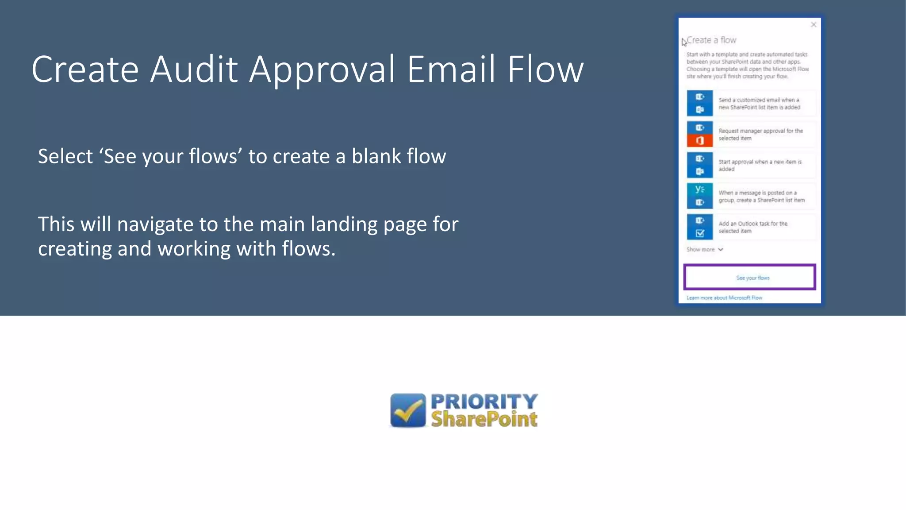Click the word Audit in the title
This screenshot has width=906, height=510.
click(194, 70)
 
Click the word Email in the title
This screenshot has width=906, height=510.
click(451, 70)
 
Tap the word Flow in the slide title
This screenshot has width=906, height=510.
click(545, 70)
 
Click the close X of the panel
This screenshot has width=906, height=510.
click(813, 25)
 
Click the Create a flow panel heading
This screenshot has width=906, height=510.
click(711, 40)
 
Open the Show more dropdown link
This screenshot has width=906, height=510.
click(704, 250)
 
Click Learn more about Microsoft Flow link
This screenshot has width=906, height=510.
click(724, 298)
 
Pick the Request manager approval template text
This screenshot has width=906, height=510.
click(760, 135)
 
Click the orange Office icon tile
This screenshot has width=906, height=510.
click(699, 141)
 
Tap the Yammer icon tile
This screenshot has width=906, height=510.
click(699, 189)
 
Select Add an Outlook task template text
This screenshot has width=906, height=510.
click(753, 227)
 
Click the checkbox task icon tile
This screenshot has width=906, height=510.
click(699, 233)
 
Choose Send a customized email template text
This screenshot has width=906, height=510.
click(759, 104)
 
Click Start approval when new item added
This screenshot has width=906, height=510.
click(760, 165)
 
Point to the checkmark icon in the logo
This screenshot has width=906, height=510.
click(408, 410)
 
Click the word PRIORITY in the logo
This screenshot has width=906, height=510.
click(484, 402)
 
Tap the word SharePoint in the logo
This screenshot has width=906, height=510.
click(484, 419)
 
